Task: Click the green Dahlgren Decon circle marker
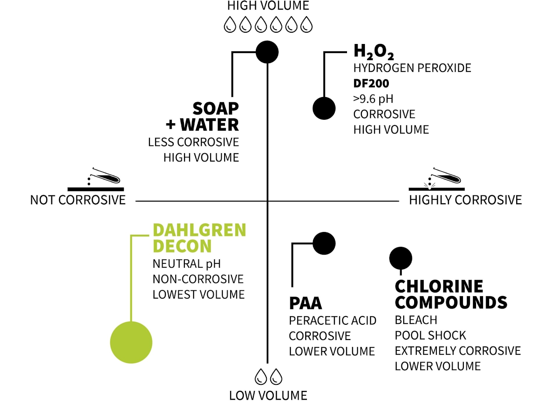[x=131, y=342]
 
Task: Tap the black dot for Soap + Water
[x=267, y=52]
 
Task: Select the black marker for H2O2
[x=324, y=108]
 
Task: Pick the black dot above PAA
[x=324, y=243]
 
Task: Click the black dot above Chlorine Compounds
[x=401, y=258]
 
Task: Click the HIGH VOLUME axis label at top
[x=268, y=6]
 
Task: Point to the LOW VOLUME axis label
[x=268, y=395]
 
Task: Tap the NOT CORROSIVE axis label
[x=78, y=200]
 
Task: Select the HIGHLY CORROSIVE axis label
[x=465, y=200]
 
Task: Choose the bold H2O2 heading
[x=374, y=52]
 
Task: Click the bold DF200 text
[x=371, y=83]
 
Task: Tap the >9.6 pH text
[x=373, y=99]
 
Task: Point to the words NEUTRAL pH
[x=187, y=264]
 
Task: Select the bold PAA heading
[x=305, y=303]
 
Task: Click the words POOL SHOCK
[x=430, y=335]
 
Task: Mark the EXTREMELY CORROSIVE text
[x=458, y=350]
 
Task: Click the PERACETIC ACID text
[x=333, y=320]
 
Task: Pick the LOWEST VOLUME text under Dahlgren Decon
[x=198, y=294]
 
